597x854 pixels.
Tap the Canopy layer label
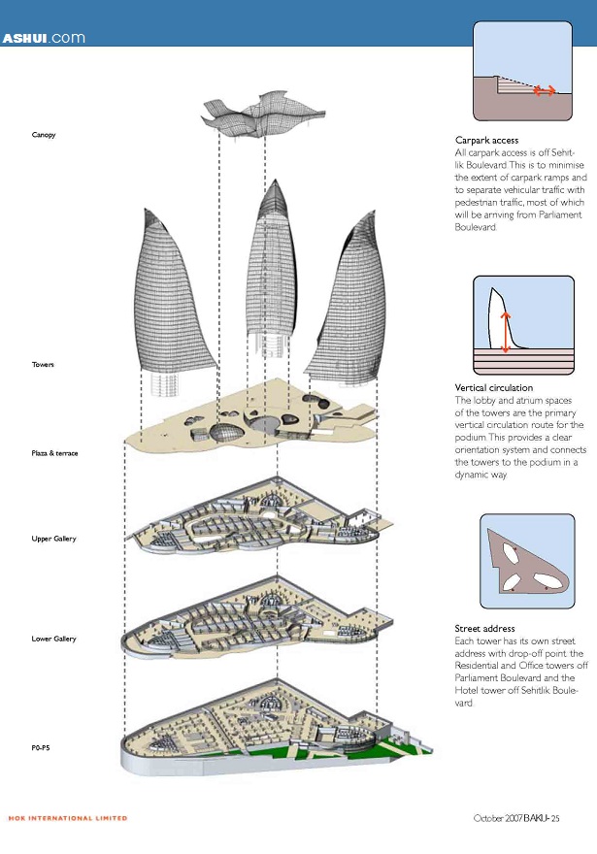click(44, 134)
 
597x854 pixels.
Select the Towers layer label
click(43, 364)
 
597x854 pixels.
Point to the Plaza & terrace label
click(54, 453)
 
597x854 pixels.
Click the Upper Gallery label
click(52, 539)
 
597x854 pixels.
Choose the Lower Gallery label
click(52, 639)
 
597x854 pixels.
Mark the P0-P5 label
click(42, 748)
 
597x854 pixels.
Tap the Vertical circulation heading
click(494, 388)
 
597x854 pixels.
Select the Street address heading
click(484, 629)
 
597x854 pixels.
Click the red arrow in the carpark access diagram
click(545, 90)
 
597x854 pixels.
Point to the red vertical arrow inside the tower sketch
click(505, 332)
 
